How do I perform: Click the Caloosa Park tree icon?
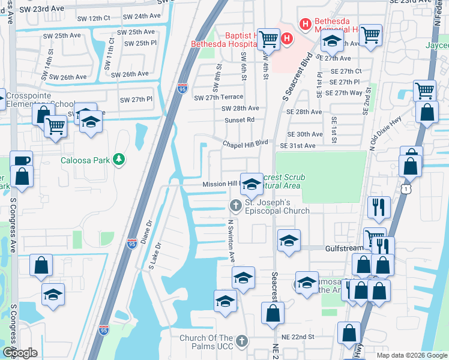coord(119,159)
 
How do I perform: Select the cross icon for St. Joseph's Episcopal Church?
coord(236,206)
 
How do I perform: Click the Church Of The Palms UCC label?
coord(206,338)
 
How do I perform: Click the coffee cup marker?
coord(21,160)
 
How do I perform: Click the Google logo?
coord(20,353)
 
